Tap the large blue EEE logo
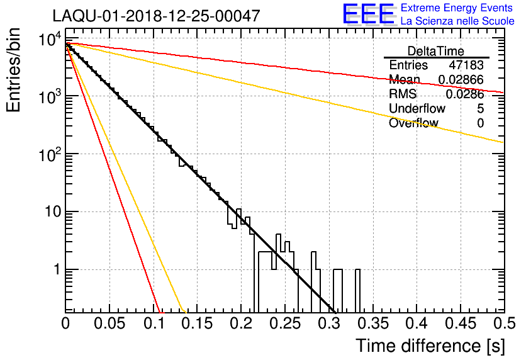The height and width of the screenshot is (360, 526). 368,14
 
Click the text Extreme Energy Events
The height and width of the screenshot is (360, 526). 457,8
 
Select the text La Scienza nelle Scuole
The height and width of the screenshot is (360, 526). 457,21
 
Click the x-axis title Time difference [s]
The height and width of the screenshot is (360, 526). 430,346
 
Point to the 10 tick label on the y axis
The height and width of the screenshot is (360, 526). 50,212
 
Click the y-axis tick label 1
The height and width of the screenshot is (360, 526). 55,269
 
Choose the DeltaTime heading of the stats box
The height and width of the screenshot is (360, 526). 436,51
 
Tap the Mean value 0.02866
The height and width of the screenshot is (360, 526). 461,80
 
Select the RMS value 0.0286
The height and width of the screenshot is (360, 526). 464,94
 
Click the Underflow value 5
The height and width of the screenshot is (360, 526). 480,109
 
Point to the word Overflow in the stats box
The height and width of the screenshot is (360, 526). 413,123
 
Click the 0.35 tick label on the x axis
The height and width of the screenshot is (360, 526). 372,323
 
